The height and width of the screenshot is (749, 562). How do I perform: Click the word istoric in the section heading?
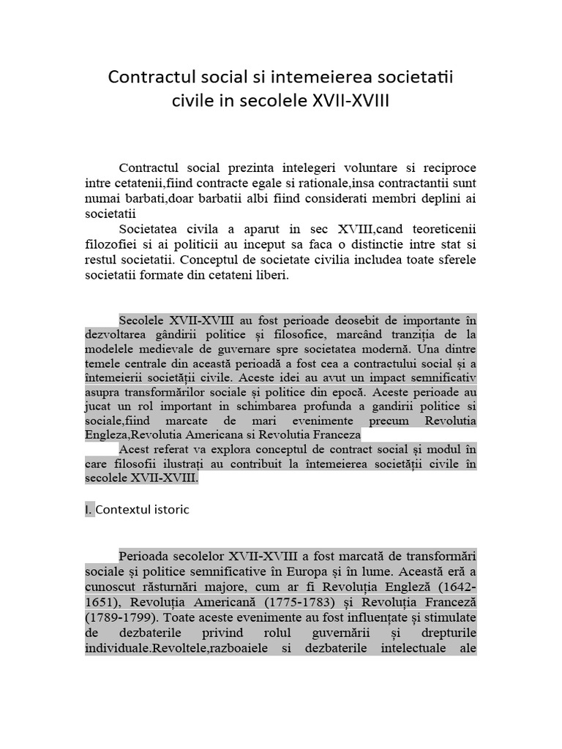[171, 510]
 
